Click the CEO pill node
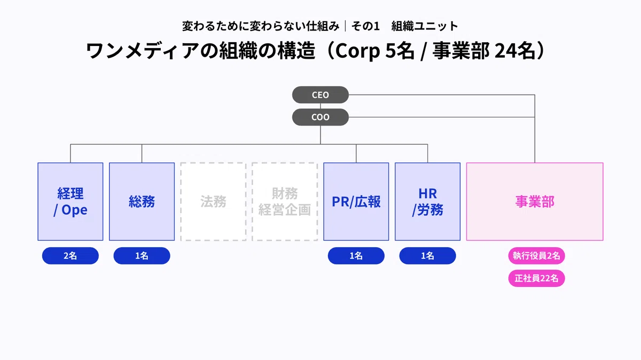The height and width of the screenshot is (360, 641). click(320, 95)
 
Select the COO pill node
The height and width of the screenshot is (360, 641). click(320, 117)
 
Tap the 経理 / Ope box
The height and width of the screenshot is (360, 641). click(71, 201)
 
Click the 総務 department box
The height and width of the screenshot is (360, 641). click(142, 201)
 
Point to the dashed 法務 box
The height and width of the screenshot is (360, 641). click(213, 201)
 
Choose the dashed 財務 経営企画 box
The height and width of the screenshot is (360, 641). click(285, 201)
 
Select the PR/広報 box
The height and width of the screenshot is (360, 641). click(356, 201)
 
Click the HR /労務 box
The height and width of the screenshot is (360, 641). click(427, 201)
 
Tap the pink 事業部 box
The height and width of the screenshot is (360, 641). click(535, 201)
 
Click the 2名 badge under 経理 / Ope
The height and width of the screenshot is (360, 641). click(71, 255)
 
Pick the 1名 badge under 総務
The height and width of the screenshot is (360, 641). click(142, 255)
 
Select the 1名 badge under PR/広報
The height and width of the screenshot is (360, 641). click(356, 255)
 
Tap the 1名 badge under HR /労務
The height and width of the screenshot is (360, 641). click(427, 255)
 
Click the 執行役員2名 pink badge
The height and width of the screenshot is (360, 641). click(536, 255)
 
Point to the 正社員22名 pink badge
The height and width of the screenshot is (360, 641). click(536, 278)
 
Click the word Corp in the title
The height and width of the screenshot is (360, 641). click(357, 51)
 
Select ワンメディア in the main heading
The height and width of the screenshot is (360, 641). click(143, 51)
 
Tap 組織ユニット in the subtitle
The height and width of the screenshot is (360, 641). click(425, 26)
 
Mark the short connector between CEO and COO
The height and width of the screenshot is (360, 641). click(320, 106)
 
